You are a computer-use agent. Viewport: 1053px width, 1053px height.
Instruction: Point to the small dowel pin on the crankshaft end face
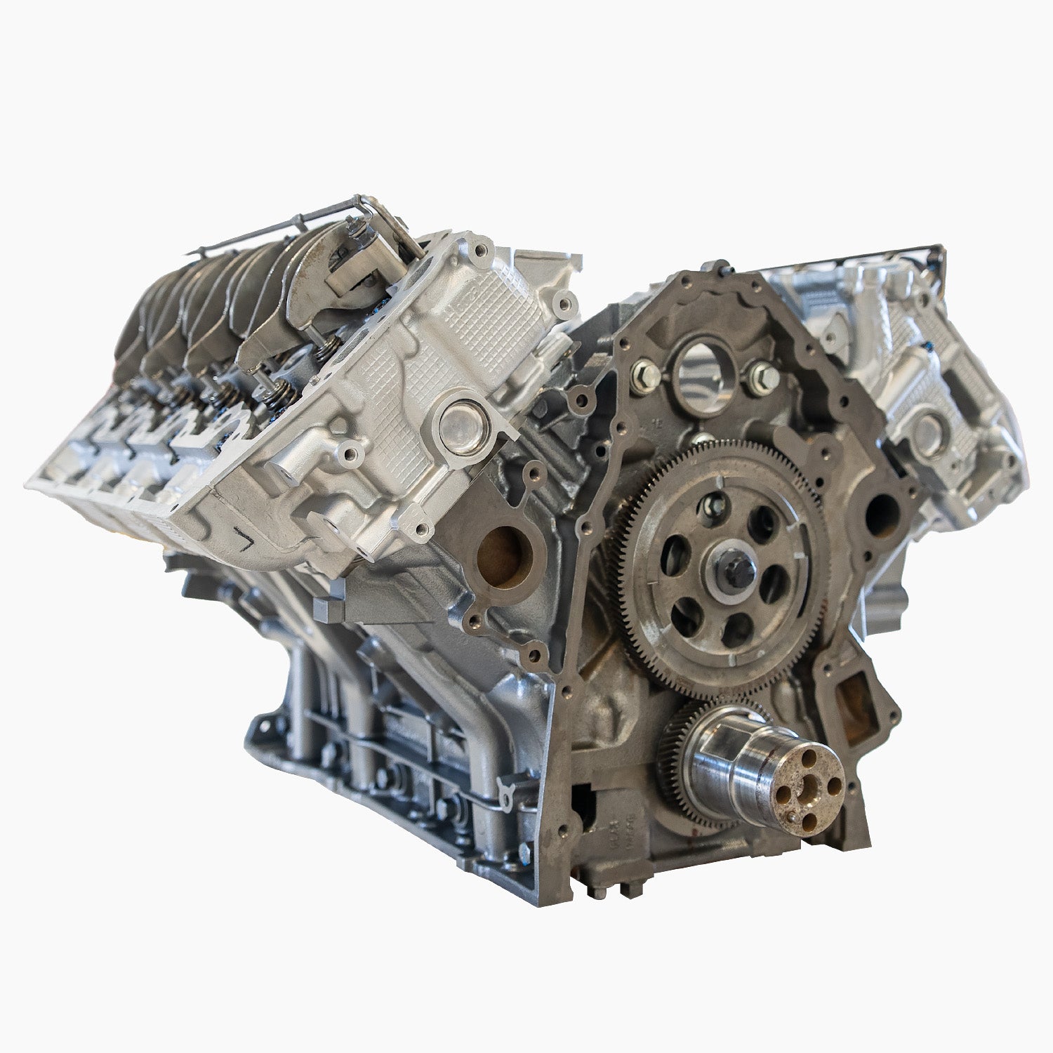790,816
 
